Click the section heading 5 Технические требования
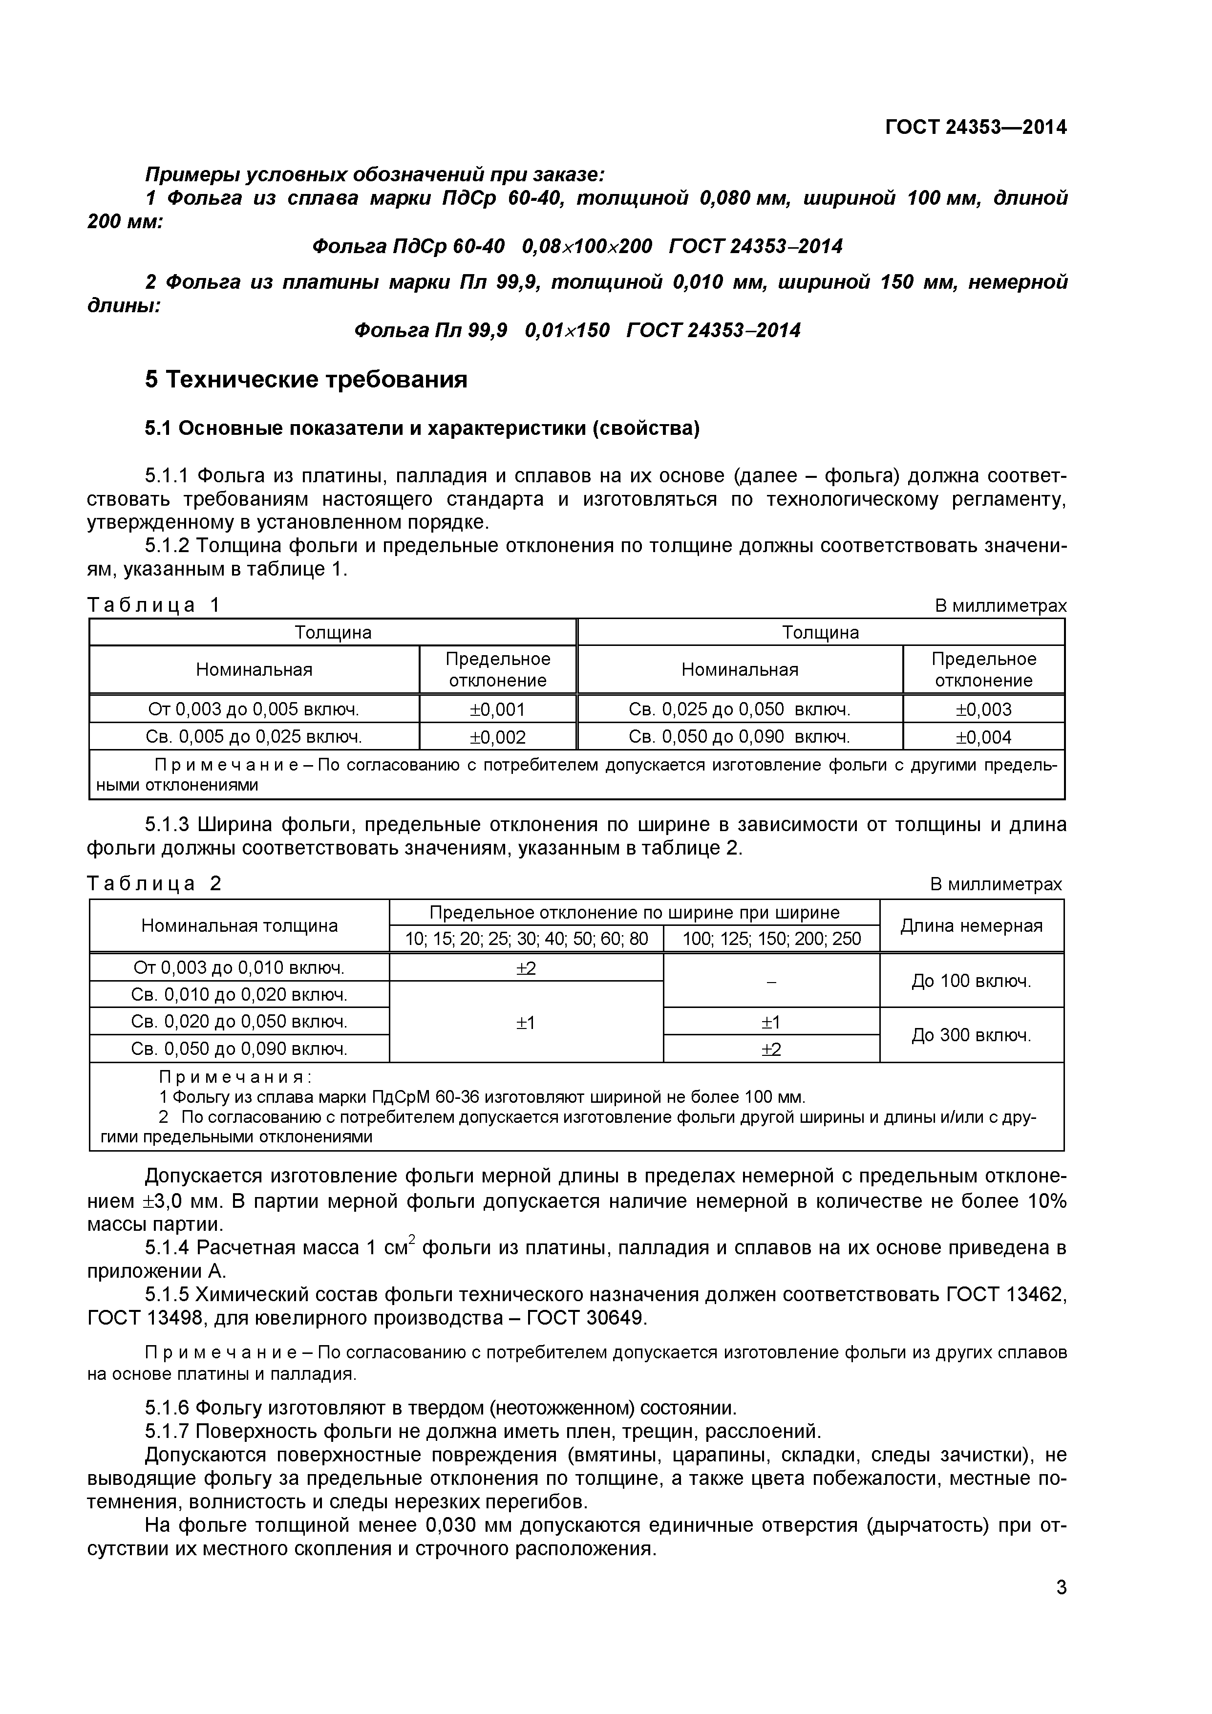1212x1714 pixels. coord(306,380)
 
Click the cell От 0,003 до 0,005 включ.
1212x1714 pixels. coord(254,709)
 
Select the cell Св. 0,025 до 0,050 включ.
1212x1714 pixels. coord(739,709)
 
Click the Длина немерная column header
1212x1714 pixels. coord(971,926)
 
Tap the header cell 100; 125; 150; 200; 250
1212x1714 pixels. coord(771,939)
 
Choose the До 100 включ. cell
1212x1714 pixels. coord(971,981)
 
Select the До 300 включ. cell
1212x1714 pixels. coord(971,1035)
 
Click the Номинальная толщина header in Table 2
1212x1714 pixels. coord(239,926)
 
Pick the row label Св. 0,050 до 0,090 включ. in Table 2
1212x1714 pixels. coord(239,1049)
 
